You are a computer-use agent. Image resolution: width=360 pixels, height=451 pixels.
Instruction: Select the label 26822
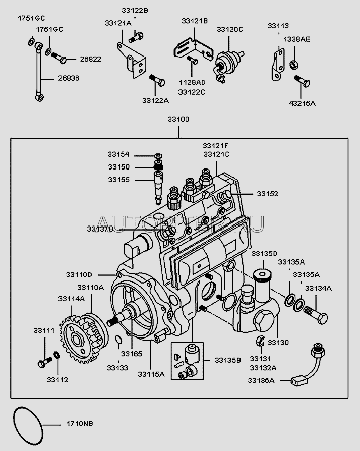90,59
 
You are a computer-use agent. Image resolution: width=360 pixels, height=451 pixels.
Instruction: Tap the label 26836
69,78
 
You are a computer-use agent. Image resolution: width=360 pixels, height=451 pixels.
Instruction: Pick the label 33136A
261,381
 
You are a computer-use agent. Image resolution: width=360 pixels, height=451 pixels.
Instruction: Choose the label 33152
268,194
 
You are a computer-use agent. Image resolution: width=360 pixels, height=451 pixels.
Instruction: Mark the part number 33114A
71,299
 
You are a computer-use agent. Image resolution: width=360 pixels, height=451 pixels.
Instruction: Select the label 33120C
230,30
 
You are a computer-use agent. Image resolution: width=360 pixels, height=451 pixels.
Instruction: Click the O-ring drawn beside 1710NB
28,423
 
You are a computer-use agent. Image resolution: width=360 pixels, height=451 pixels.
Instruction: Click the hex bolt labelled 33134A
317,318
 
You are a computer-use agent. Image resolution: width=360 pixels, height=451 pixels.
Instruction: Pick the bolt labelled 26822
59,57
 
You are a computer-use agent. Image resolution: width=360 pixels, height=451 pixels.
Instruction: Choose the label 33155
118,179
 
